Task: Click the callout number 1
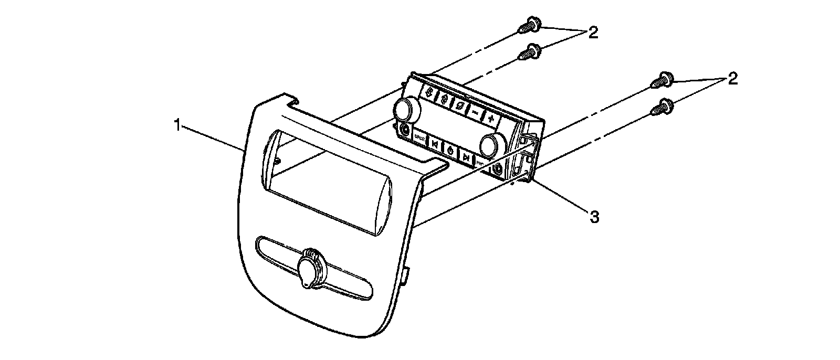[x=178, y=126]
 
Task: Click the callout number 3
[x=594, y=216]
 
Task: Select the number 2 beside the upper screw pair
[x=593, y=33]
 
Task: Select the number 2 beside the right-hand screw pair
[x=732, y=79]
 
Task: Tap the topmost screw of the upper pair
[x=526, y=25]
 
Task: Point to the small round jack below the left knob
[x=404, y=128]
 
